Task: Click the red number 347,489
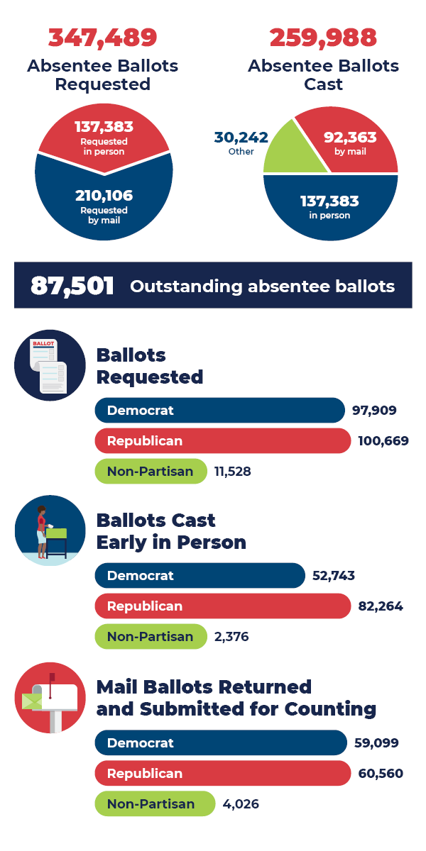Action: [x=103, y=38]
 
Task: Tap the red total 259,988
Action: [x=323, y=38]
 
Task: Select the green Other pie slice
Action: [x=293, y=152]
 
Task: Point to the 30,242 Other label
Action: [x=241, y=143]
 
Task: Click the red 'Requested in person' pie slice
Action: [x=104, y=138]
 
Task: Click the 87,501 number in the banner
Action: [x=72, y=285]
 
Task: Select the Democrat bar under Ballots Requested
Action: [x=220, y=411]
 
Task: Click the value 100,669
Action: [x=383, y=440]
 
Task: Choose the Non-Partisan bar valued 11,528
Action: [x=151, y=471]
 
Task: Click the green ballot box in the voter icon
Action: [x=56, y=533]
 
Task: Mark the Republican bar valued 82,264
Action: [x=223, y=606]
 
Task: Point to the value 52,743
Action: [x=334, y=576]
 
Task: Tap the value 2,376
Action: [x=231, y=636]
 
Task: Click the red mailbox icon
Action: [x=50, y=698]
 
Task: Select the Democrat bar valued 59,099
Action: [x=221, y=742]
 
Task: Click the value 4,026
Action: [x=241, y=803]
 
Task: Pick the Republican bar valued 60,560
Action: [x=223, y=773]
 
